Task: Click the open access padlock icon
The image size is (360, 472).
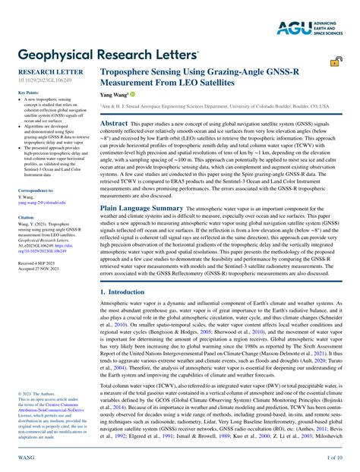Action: [x=335, y=62]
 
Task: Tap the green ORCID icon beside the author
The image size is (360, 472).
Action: [x=132, y=95]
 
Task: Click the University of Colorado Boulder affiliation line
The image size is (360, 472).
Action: [x=215, y=107]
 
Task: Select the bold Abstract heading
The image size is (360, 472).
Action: [x=114, y=122]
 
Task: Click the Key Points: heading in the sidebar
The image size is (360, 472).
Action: [x=28, y=93]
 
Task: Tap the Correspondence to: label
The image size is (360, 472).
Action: [x=36, y=190]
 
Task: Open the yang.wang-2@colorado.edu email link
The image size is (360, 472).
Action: [x=43, y=203]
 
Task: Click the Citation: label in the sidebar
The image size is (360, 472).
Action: [x=27, y=217]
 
